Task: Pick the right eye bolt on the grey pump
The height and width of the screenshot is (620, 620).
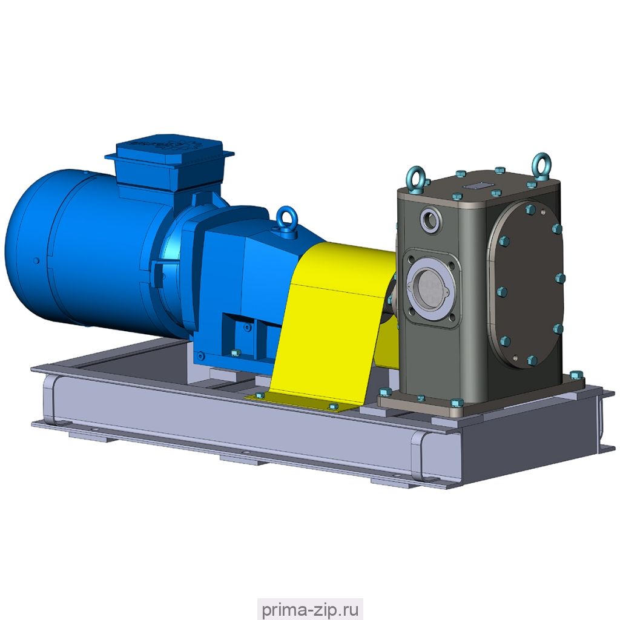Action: [x=541, y=163]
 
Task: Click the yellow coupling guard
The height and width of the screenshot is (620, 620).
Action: [x=332, y=325]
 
